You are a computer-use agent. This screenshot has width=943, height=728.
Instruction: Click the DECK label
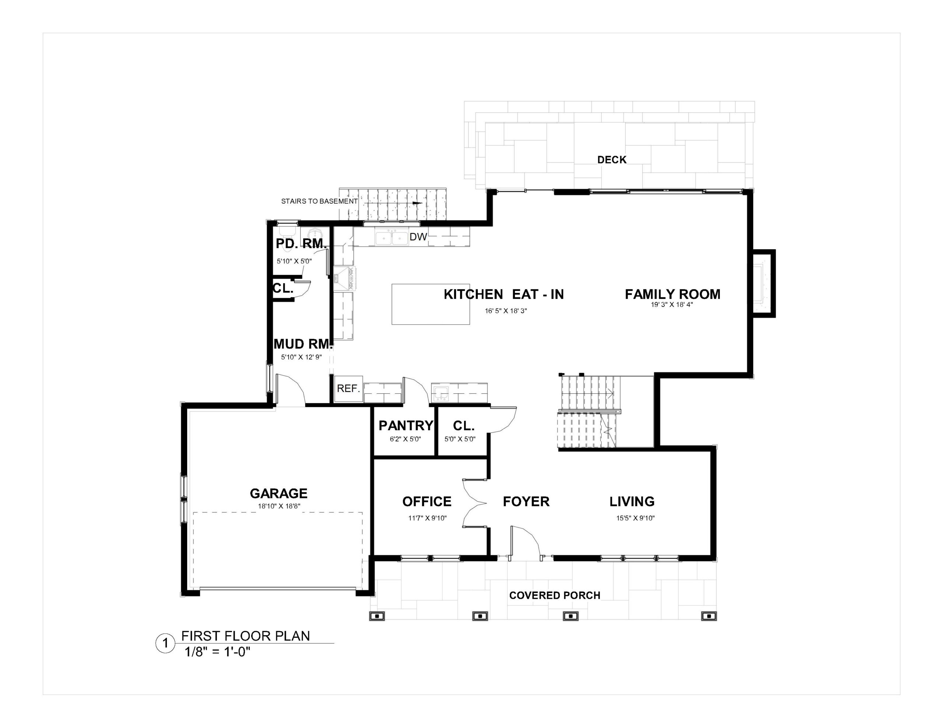611,160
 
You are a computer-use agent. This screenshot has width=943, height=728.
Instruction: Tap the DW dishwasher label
418,237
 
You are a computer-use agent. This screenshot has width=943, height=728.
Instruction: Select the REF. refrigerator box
348,389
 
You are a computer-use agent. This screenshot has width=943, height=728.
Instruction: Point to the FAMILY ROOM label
672,294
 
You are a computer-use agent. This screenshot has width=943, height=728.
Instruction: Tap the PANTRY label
406,425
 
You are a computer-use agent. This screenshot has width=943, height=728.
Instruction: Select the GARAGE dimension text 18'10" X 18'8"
279,506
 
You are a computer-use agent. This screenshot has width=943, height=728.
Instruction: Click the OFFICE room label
427,501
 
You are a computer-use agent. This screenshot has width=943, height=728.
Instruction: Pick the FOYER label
526,501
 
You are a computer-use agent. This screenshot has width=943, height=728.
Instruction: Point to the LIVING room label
632,501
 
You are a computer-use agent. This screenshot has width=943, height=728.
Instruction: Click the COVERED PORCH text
555,596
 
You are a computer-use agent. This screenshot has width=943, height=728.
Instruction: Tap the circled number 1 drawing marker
165,644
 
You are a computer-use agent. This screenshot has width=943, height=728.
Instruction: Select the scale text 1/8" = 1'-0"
218,651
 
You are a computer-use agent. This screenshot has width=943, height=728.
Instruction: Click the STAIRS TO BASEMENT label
319,201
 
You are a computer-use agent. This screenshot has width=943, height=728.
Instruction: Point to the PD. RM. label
301,244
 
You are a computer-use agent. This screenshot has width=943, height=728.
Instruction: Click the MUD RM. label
303,344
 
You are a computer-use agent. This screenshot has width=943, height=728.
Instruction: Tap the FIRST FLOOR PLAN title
245,636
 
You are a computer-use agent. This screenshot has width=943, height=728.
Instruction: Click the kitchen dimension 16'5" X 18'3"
506,311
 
